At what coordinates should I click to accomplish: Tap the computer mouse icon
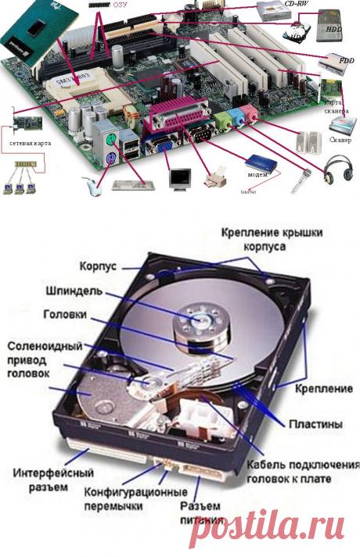pos(92,185)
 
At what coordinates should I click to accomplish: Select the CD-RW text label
pos(297,4)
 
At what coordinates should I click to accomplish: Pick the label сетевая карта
pos(30,144)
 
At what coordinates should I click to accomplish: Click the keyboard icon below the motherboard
pos(131,185)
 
